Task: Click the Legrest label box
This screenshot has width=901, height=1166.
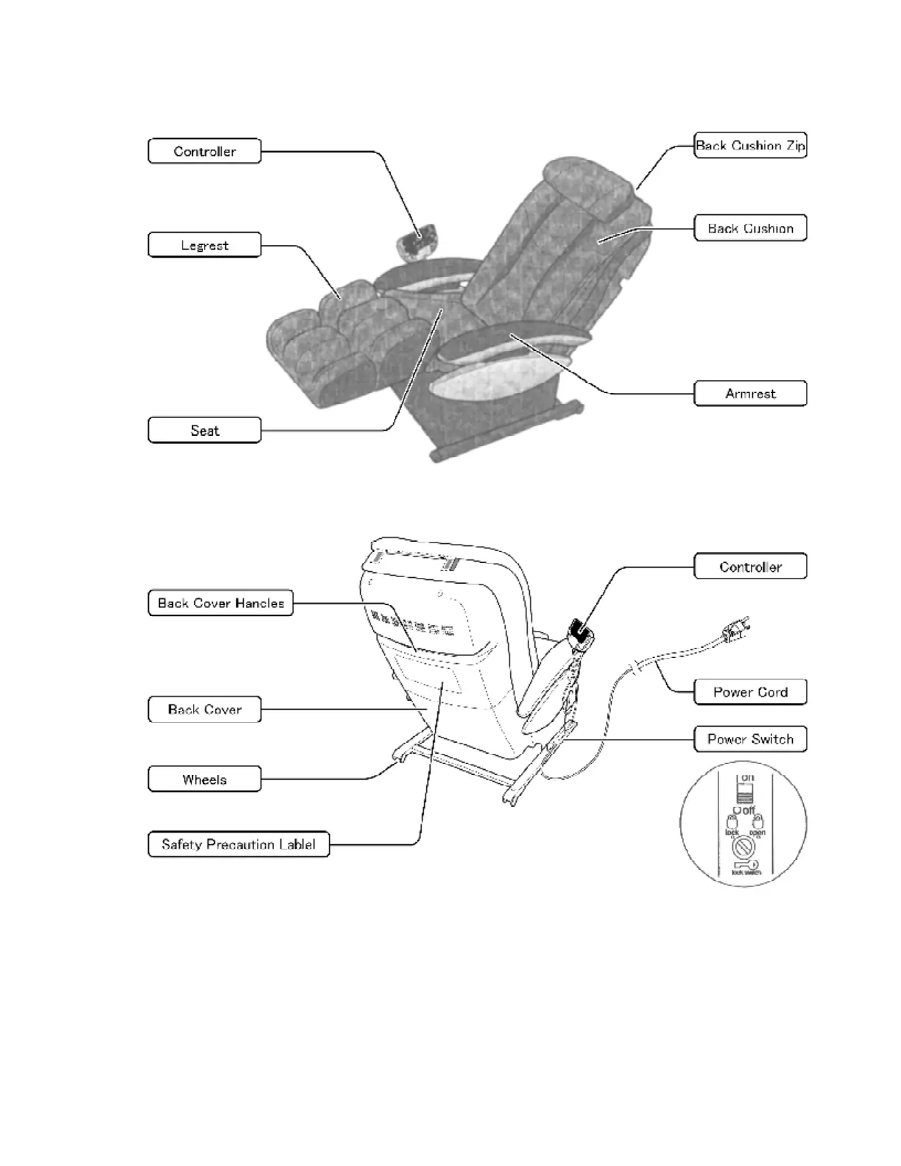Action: [x=205, y=245]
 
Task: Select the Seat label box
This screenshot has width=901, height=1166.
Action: [x=205, y=431]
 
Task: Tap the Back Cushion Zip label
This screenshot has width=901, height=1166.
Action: [x=750, y=146]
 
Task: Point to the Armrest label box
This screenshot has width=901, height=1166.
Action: [x=750, y=394]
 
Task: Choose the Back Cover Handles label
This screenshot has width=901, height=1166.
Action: [x=221, y=603]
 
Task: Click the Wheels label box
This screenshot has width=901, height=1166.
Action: [x=205, y=780]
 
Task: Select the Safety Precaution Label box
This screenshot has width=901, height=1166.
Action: [x=239, y=844]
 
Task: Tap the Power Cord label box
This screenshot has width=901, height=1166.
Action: [x=750, y=692]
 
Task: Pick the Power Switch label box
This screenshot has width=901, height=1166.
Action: [x=750, y=739]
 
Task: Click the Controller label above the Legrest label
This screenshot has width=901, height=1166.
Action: [x=205, y=152]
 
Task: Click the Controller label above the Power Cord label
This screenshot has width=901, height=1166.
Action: [x=750, y=567]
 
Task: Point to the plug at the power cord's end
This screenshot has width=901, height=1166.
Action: [x=736, y=630]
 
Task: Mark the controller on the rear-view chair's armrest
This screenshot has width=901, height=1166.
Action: [x=581, y=633]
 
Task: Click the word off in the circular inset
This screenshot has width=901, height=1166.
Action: [x=749, y=810]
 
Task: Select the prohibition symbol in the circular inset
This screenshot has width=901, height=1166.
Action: [x=741, y=847]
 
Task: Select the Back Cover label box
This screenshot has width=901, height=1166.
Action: [x=205, y=710]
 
